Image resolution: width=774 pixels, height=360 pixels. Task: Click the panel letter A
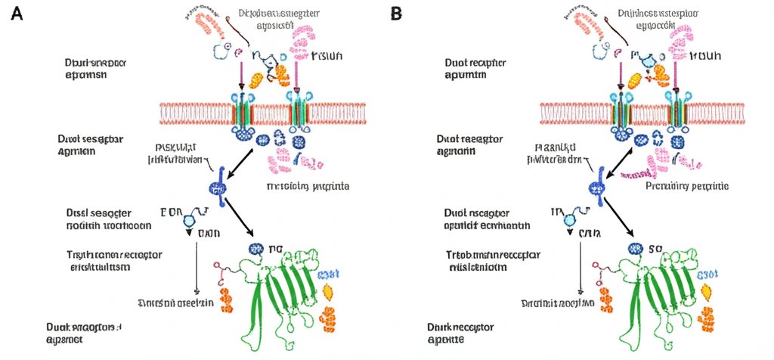pos(17,13)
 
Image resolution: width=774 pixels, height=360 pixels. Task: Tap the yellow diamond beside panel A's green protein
pos(327,291)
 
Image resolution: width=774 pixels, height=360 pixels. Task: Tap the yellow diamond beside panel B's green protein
pos(707,291)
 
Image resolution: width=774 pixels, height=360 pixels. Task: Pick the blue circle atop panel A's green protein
pos(252,248)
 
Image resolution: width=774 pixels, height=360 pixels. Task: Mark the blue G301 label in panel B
pos(706,274)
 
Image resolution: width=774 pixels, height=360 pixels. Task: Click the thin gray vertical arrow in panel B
pos(580,265)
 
